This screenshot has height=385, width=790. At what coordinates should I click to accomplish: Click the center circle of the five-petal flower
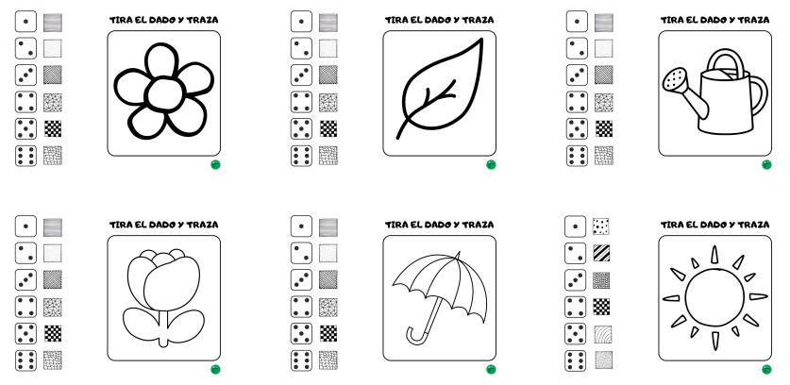pyautogui.click(x=164, y=94)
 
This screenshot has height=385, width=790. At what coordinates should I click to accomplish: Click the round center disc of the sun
pyautogui.click(x=714, y=297)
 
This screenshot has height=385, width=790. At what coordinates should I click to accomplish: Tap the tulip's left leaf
pyautogui.click(x=142, y=325)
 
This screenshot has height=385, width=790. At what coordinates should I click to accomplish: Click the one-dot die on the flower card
pyautogui.click(x=25, y=22)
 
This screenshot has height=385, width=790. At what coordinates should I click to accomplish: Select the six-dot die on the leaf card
pyautogui.click(x=301, y=156)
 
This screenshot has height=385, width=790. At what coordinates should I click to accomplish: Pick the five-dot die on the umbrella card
pyautogui.click(x=301, y=334)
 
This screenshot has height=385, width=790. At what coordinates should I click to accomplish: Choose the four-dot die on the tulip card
pyautogui.click(x=25, y=307)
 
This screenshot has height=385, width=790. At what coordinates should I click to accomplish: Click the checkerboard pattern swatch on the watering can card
pyautogui.click(x=604, y=128)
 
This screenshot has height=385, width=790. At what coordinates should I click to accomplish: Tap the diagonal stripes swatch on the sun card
pyautogui.click(x=601, y=253)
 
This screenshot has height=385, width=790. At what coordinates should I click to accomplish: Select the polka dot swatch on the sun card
pyautogui.click(x=601, y=226)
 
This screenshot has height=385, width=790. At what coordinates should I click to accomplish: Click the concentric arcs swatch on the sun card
pyautogui.click(x=603, y=334)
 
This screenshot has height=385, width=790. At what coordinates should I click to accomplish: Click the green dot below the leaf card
pyautogui.click(x=491, y=165)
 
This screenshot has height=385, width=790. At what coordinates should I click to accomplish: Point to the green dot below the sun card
pyautogui.click(x=766, y=369)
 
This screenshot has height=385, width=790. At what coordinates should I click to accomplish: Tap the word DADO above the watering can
pyautogui.click(x=716, y=20)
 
